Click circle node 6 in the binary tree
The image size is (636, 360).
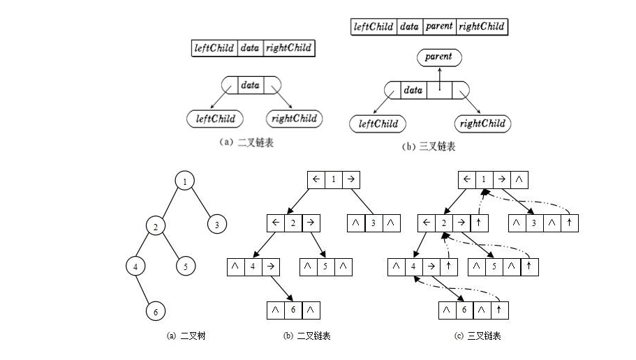(156, 312)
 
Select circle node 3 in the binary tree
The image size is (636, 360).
(217, 225)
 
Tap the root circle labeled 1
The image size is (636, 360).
(184, 182)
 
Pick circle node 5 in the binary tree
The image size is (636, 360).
(186, 267)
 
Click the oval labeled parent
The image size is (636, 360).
(439, 57)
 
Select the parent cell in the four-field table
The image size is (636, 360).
(439, 27)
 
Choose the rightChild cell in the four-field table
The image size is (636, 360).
(481, 27)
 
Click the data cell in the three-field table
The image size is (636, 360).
(249, 48)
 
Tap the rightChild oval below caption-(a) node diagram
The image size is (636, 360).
(294, 119)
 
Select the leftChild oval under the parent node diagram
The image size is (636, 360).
(378, 124)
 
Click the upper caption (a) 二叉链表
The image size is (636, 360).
(251, 141)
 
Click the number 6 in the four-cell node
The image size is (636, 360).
(465, 309)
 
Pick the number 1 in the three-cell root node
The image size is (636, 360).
(334, 180)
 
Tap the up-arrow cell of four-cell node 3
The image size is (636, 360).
(570, 223)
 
